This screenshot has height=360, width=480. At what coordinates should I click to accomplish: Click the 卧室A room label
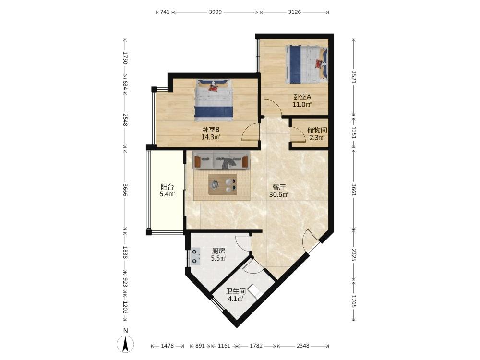click(x=302, y=97)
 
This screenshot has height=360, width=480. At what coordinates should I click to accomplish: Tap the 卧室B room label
click(x=211, y=130)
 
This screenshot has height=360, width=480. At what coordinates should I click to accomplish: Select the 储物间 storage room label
click(x=317, y=130)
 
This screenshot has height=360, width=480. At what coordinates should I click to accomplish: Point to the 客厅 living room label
click(x=279, y=187)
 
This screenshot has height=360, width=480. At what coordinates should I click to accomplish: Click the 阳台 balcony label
click(x=168, y=186)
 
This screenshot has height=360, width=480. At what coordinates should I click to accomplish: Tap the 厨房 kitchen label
click(x=218, y=251)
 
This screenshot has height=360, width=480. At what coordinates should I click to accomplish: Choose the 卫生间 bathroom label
click(x=236, y=291)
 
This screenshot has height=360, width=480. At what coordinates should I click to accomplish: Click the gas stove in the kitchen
click(x=195, y=256)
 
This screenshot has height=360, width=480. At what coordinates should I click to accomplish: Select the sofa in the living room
click(x=221, y=160)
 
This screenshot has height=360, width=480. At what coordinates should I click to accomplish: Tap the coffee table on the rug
click(x=223, y=185)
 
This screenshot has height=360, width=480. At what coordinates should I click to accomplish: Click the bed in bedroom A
click(x=306, y=64)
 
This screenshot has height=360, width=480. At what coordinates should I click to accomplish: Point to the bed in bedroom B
click(x=214, y=100)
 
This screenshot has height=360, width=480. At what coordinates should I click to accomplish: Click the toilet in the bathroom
click(x=255, y=291)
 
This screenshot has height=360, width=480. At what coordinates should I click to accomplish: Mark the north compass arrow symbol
click(x=125, y=344)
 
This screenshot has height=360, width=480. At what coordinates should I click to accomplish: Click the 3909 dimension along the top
click(x=215, y=12)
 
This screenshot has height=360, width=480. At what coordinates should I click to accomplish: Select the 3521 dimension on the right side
click(x=354, y=77)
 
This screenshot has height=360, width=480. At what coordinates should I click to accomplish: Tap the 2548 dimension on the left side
click(x=125, y=120)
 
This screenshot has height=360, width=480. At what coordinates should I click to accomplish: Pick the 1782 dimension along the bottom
click(x=256, y=346)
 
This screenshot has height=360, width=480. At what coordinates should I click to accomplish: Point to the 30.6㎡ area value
click(x=279, y=195)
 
